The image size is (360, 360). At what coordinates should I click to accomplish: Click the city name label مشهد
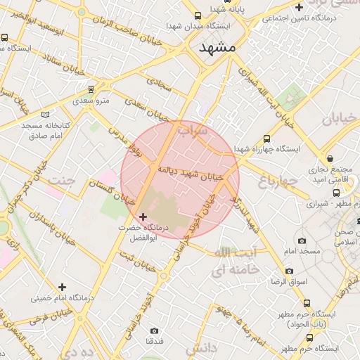(217, 48)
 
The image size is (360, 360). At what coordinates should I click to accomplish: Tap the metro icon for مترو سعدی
(91, 89)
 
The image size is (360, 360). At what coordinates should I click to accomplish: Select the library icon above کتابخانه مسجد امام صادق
(46, 114)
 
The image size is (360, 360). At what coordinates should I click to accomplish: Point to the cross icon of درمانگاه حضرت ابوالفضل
(143, 217)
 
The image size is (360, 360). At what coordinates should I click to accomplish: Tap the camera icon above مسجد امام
(302, 240)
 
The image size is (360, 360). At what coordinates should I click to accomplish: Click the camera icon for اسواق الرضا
(289, 271)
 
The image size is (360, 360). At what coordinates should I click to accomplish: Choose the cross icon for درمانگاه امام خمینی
(63, 287)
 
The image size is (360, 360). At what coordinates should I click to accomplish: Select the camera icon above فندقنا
(155, 330)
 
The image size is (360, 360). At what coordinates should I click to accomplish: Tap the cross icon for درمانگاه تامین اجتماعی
(300, 8)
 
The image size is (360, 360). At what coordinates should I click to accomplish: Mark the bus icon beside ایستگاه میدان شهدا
(197, 16)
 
